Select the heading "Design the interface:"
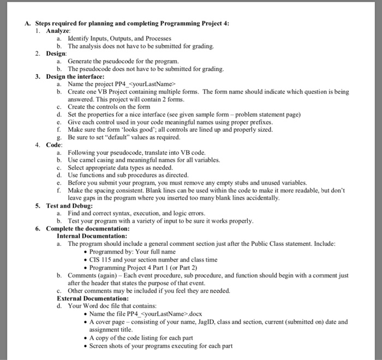[x=75, y=77]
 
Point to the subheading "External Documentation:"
[x=93, y=299]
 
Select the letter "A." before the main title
[x=27, y=24]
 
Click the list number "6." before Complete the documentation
[x=38, y=228]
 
